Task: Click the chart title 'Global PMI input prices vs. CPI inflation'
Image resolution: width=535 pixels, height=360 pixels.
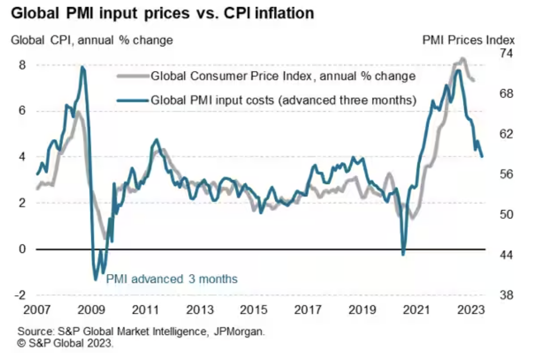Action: coord(162,13)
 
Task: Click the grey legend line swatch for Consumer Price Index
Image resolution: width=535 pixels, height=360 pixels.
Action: coord(133,76)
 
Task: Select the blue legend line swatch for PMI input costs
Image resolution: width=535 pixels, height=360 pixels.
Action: coord(133,99)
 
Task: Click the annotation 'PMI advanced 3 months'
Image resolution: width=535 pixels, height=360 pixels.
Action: coord(171,279)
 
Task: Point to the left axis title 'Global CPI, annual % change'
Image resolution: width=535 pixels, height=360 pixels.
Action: coord(91,40)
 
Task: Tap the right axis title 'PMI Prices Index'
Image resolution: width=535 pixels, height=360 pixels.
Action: coord(468,40)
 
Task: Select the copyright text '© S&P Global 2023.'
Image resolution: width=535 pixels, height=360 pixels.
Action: coord(66,344)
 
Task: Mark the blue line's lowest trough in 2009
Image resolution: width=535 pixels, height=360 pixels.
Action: coord(96,280)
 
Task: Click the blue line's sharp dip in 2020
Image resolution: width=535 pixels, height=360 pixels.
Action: coord(403,255)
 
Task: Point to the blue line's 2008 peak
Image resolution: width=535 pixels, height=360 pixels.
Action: coord(82,67)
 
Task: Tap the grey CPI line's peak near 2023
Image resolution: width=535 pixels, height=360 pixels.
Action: coord(462,58)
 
